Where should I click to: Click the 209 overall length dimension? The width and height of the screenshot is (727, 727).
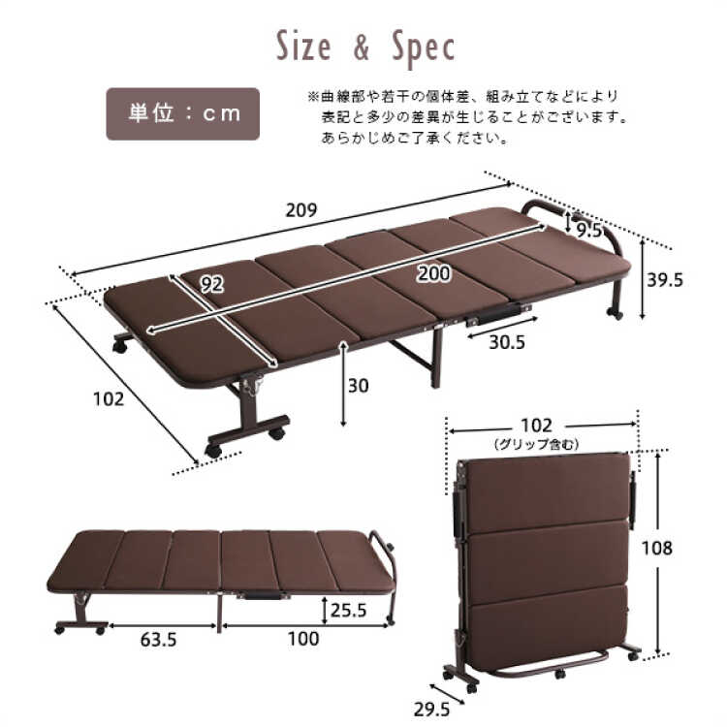point(301,210)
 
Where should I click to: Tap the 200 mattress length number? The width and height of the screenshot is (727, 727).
point(433,273)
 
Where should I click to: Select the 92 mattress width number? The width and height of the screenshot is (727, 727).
point(212,284)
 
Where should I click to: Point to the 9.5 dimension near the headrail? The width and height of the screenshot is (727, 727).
point(589,230)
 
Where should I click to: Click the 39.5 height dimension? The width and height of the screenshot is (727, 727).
point(665,280)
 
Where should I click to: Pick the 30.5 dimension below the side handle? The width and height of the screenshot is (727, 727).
point(507,342)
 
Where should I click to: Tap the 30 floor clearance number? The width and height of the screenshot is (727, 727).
point(359,386)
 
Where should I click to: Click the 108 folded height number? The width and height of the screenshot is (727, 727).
point(656,549)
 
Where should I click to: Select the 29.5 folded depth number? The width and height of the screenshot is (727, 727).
point(431,710)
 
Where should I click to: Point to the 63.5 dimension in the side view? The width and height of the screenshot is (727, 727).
point(159,641)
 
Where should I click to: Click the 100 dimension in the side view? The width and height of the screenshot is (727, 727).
point(303,639)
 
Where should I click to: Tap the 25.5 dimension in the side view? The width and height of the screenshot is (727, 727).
point(349,610)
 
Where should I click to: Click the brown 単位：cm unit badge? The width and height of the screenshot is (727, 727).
point(182,114)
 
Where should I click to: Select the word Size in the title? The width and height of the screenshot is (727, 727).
point(303,47)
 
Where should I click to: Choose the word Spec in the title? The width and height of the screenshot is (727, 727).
point(424,48)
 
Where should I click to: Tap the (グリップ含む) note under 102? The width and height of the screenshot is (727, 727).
point(536,445)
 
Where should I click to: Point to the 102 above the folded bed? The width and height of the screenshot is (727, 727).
point(536,426)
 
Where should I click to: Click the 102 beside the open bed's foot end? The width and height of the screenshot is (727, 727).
point(109,398)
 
